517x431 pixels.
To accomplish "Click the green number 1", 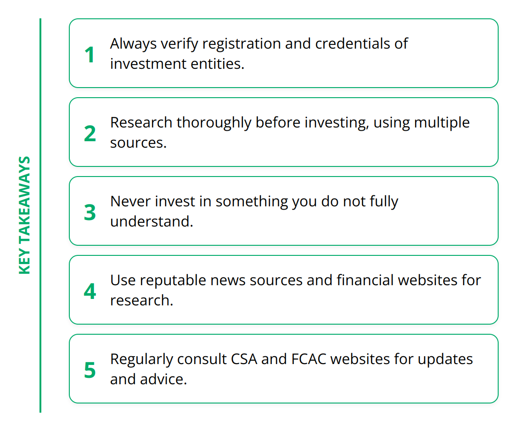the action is pyautogui.click(x=90, y=55).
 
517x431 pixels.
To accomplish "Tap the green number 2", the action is pyautogui.click(x=90, y=134).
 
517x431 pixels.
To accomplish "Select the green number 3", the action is pyautogui.click(x=90, y=212).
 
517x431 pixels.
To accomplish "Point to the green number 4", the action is pyautogui.click(x=90, y=291).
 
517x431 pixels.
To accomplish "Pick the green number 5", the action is pyautogui.click(x=90, y=370).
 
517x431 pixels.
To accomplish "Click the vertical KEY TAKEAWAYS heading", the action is pyautogui.click(x=25, y=215).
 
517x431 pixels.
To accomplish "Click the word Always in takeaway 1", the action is pyautogui.click(x=133, y=44).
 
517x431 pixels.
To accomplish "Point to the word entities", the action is pyautogui.click(x=218, y=64).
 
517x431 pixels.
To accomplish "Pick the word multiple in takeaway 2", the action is pyautogui.click(x=442, y=123).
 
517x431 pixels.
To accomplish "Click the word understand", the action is pyautogui.click(x=152, y=221).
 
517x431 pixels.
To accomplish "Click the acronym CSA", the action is pyautogui.click(x=244, y=359).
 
